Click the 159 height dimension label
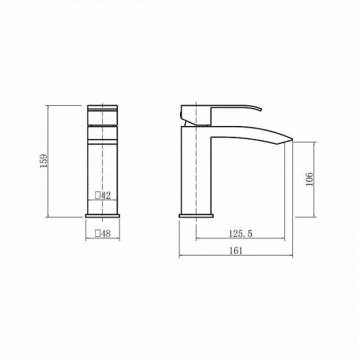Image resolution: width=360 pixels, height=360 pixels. pos(44,161)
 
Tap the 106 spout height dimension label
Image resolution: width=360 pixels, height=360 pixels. pos(310,179)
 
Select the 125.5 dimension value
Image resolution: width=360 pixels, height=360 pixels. pos(240,233)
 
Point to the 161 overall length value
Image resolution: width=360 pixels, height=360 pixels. pos(236,251)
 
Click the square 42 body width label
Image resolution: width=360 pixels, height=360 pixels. pos(103,195)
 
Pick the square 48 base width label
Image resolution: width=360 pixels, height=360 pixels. pos(103,233)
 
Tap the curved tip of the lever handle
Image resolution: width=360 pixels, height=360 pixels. pos(260,109)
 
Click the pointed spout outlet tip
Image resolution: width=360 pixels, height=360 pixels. pos(292,139)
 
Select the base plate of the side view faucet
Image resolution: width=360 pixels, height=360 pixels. pos(196,216)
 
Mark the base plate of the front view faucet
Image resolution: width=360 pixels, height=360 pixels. pos(102,216)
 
